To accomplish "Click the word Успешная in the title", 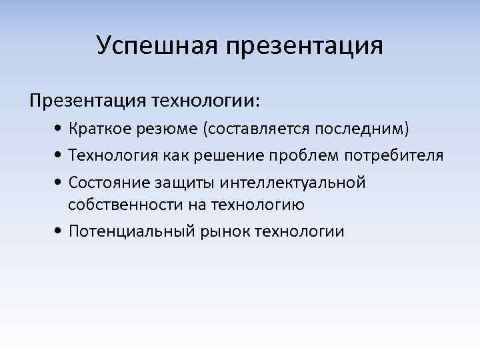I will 158,46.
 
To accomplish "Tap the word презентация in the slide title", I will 305,47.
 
